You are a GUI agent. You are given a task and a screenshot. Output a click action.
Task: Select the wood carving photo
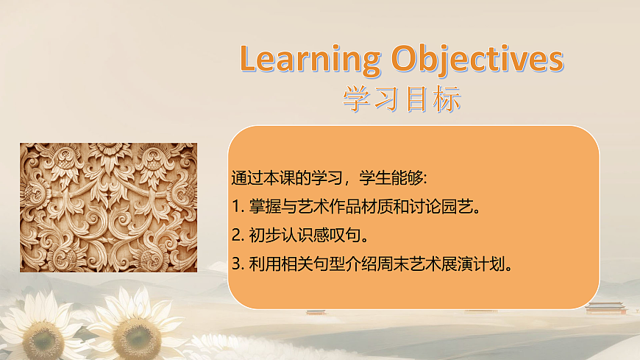[x=108, y=208]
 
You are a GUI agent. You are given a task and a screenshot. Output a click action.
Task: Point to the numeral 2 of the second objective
[x=235, y=235]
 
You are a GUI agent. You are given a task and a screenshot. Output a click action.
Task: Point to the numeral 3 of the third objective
[x=235, y=264]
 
